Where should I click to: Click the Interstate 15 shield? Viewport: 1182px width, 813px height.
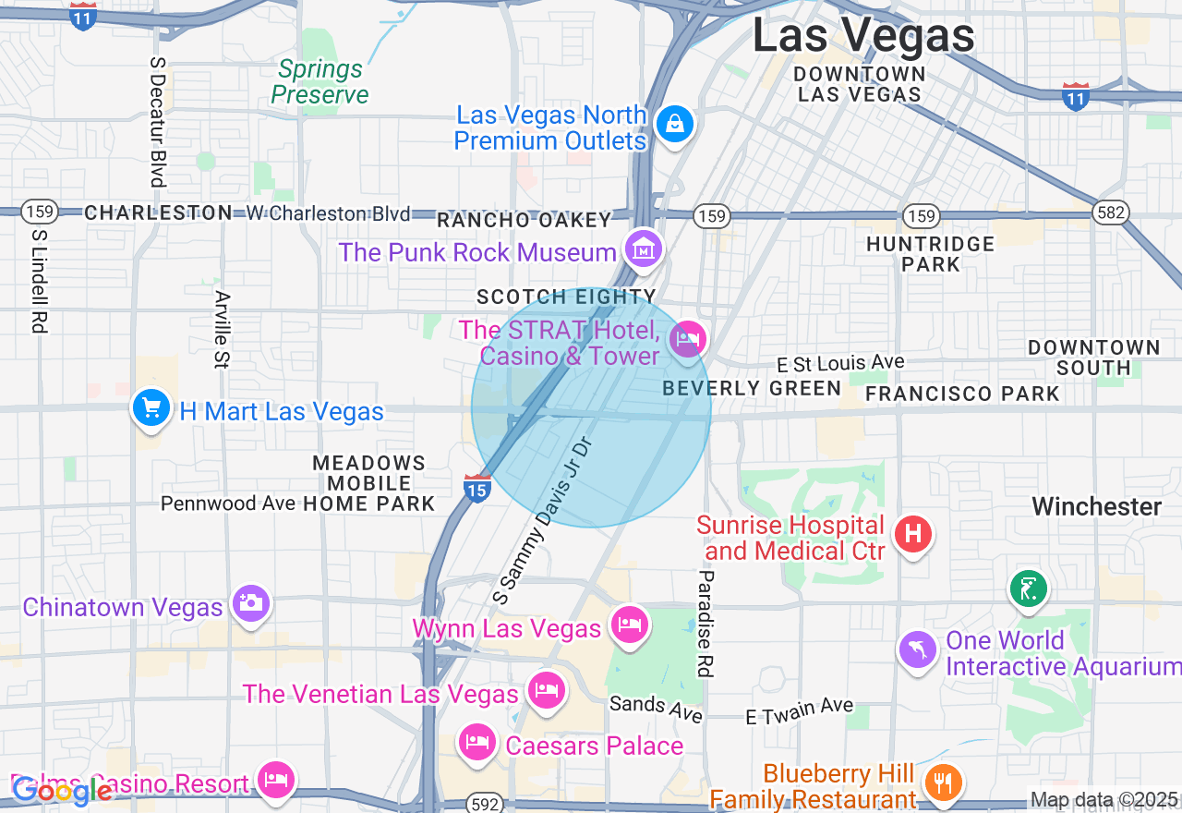click(476, 489)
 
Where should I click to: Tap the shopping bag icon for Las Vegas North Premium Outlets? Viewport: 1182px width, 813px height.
click(675, 123)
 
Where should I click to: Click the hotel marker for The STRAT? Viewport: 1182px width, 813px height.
click(688, 338)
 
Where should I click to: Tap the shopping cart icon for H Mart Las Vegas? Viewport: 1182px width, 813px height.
click(151, 407)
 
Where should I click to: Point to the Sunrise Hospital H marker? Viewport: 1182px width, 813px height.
click(913, 533)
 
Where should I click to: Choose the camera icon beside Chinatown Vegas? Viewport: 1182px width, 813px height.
click(250, 602)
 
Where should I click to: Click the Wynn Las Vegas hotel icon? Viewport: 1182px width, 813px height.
click(630, 625)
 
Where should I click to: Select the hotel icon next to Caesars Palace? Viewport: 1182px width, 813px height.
click(477, 741)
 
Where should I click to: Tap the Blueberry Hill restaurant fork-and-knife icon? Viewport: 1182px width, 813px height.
click(942, 783)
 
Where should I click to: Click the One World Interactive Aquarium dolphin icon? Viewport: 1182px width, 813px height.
click(918, 649)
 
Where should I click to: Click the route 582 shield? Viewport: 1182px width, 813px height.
click(1110, 212)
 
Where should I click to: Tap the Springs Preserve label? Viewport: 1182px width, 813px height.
click(320, 81)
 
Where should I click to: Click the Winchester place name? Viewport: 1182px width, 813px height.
click(1096, 506)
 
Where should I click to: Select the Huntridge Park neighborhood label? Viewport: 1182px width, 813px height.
click(930, 253)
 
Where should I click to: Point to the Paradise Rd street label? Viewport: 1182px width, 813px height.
click(706, 623)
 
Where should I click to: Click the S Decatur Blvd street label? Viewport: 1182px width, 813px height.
click(157, 121)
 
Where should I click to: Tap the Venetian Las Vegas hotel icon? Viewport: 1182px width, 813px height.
click(546, 690)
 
